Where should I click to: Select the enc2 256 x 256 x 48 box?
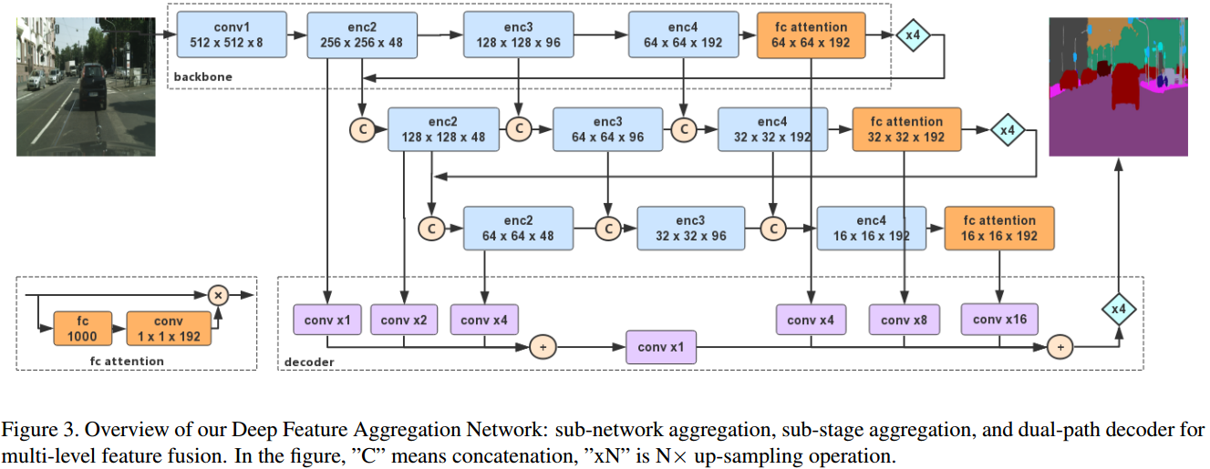click(x=362, y=35)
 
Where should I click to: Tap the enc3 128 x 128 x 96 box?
click(x=518, y=35)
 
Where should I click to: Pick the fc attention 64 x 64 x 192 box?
click(x=812, y=35)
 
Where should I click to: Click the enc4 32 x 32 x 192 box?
click(x=772, y=129)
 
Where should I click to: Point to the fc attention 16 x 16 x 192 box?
click(x=998, y=228)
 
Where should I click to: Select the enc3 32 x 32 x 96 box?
click(x=690, y=228)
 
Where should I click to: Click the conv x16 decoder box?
click(x=999, y=320)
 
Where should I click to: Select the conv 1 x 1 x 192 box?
click(x=168, y=329)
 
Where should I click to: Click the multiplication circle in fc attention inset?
click(x=217, y=294)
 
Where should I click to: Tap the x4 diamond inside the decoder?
click(x=1118, y=310)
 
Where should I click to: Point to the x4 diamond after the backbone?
click(x=912, y=35)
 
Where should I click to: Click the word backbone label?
click(x=202, y=76)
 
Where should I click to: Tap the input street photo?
click(x=87, y=87)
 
